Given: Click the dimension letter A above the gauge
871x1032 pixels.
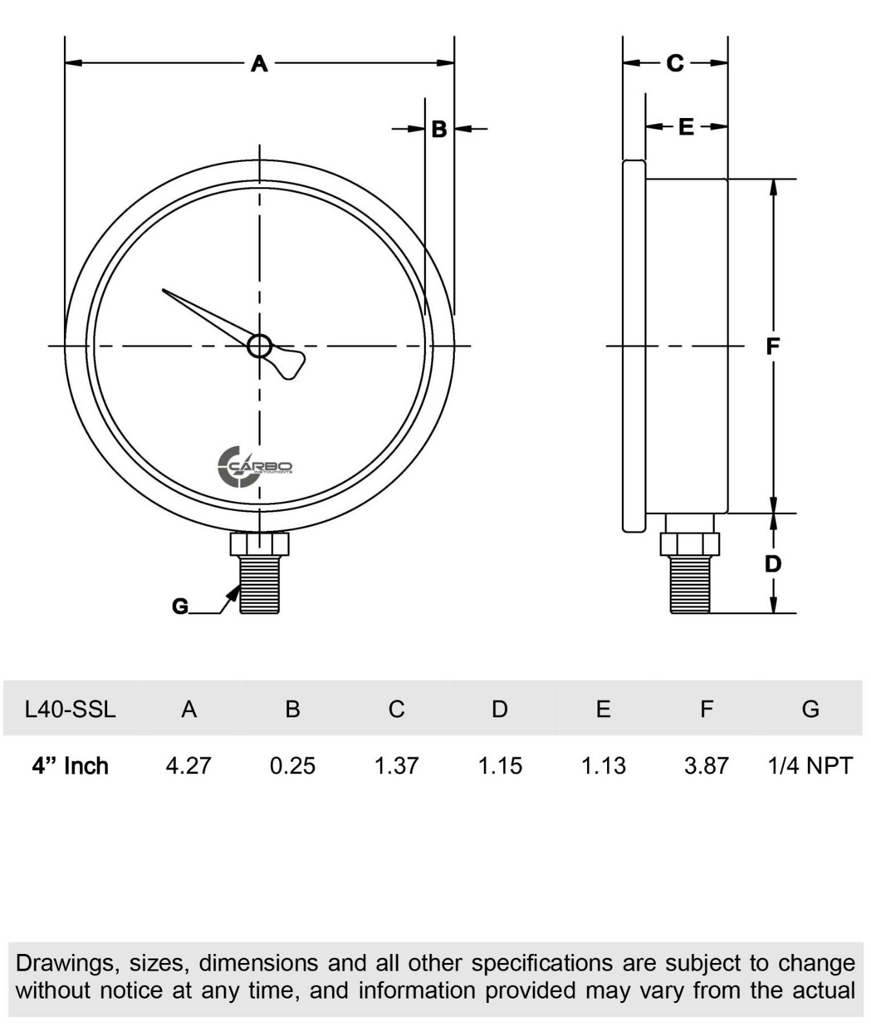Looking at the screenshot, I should coord(259,63).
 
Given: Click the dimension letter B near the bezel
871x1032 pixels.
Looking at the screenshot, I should coord(439,129).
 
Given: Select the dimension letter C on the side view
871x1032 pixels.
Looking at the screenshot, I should coord(675,63).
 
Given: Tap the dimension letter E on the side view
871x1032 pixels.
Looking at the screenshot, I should coord(686,126).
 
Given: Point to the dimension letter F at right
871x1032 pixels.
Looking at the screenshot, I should coord(772,346).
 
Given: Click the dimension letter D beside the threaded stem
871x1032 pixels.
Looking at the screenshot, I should coord(772,564).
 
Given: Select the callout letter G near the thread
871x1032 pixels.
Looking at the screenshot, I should coord(180,606).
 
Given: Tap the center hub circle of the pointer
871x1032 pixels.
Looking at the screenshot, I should coord(259,346).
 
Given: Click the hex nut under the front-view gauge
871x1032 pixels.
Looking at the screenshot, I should coord(259,544).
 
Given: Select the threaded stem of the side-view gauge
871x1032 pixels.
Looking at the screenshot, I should coord(690,584).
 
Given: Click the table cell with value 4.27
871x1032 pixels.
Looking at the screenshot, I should coord(188,766).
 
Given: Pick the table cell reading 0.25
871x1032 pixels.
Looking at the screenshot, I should coord(292,766).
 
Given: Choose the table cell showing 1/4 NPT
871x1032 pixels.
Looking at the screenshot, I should coord(810,766).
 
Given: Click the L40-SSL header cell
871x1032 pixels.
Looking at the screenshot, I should coord(70,709).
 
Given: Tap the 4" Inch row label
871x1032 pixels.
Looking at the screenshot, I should coord(70,766).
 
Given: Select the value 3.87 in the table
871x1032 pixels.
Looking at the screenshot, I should coord(706,766).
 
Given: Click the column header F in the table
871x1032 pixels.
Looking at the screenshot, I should coord(706,709).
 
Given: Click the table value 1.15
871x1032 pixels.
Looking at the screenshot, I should coord(500,766).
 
